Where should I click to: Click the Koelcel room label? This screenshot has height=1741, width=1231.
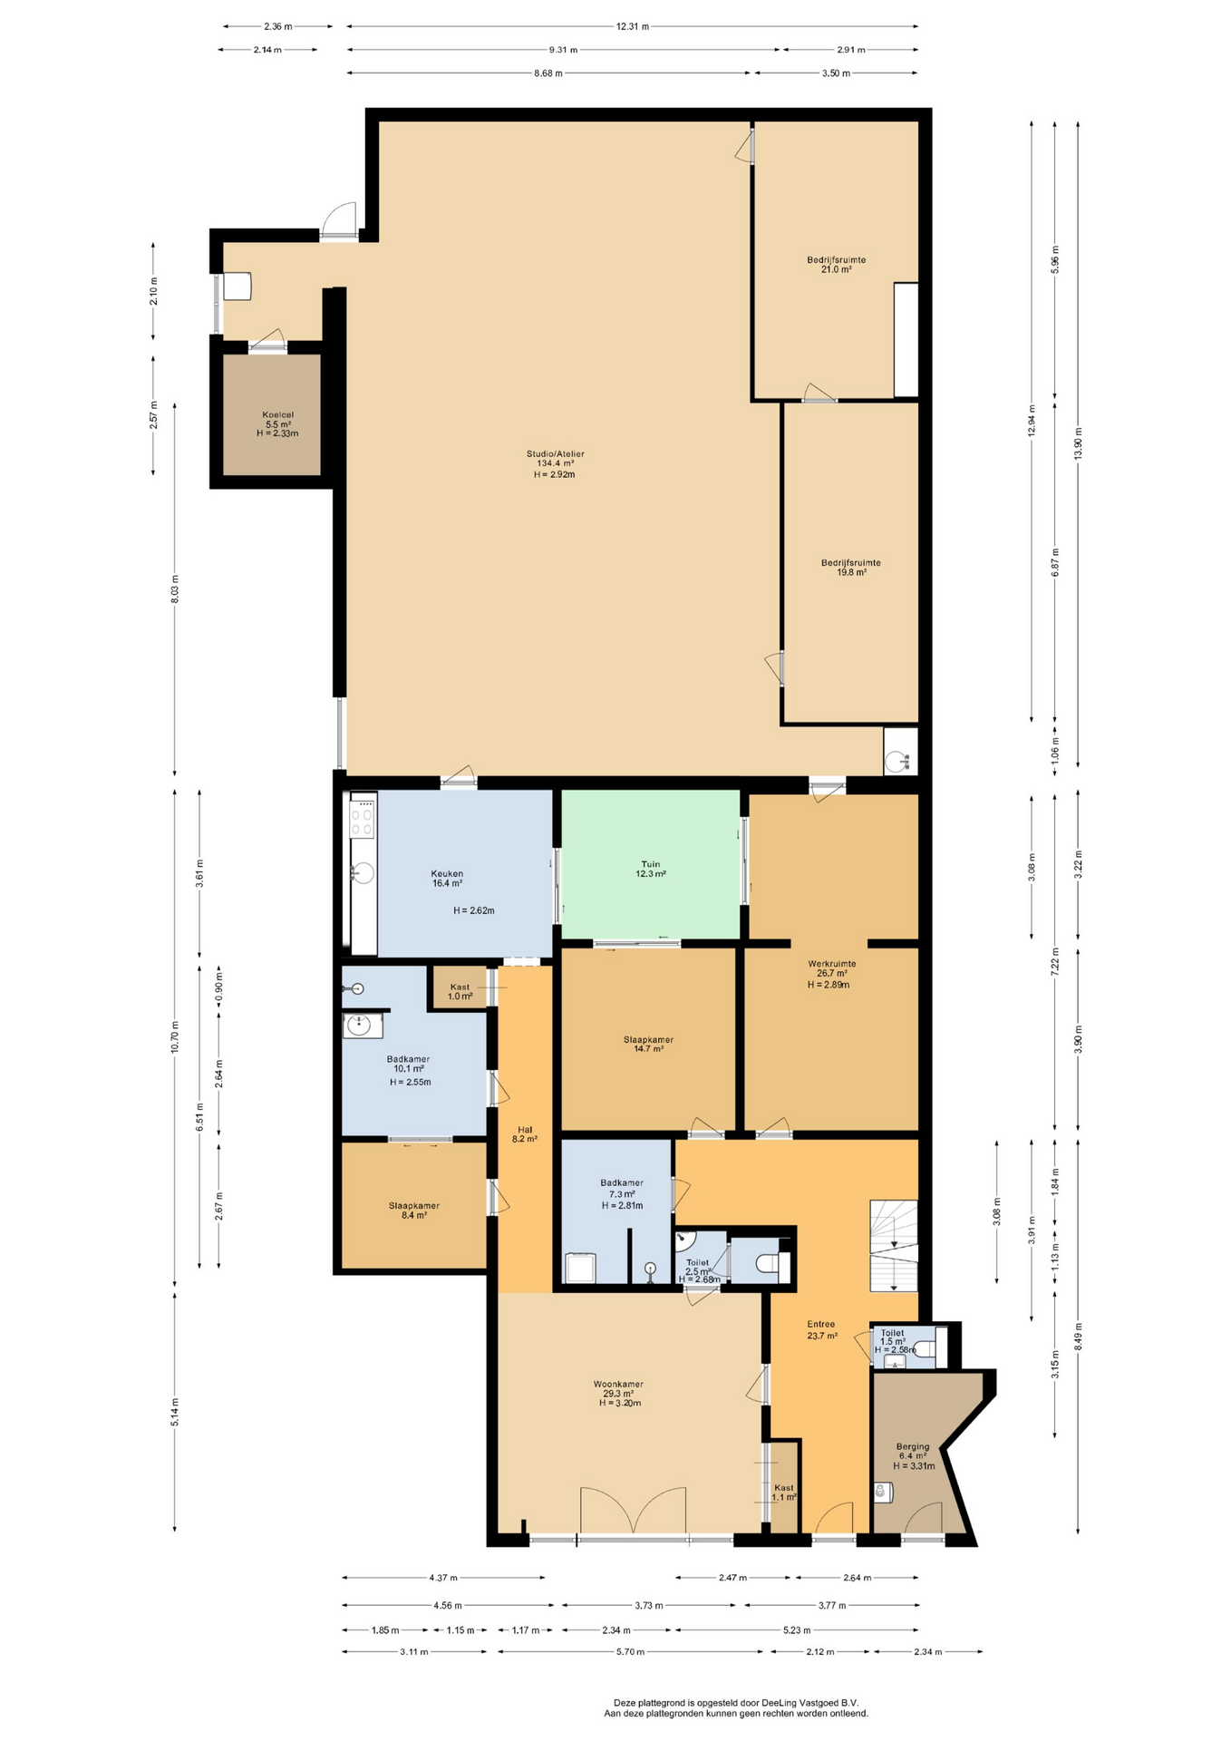tap(277, 423)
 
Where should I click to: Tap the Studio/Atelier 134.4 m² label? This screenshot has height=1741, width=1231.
tap(555, 463)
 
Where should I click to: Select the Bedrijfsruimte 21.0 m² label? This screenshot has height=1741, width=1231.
tap(836, 264)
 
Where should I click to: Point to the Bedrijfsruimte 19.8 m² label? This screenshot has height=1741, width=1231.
tap(850, 567)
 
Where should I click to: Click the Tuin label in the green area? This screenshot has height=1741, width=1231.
tap(650, 869)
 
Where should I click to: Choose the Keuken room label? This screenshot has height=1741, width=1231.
tap(447, 878)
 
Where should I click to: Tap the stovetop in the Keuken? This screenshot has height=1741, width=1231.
tap(363, 815)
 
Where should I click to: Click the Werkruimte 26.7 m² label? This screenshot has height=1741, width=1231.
tap(831, 973)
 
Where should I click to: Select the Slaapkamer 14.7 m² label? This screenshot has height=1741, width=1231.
tap(648, 1044)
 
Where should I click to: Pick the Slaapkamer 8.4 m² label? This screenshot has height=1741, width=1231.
tap(413, 1210)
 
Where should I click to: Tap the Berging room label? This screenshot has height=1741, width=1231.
tap(913, 1455)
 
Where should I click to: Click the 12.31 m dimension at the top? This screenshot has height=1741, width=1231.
tap(632, 26)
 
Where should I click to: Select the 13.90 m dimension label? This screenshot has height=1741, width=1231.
tap(1078, 443)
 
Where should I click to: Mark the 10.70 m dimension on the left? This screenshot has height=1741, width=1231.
tap(175, 1036)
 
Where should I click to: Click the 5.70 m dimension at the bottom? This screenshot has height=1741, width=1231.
tap(630, 1651)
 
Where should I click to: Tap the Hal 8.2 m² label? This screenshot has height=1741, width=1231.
tap(525, 1133)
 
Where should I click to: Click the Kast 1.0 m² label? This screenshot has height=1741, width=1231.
tap(460, 991)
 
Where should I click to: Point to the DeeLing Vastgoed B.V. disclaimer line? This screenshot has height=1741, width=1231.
tap(736, 1702)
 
